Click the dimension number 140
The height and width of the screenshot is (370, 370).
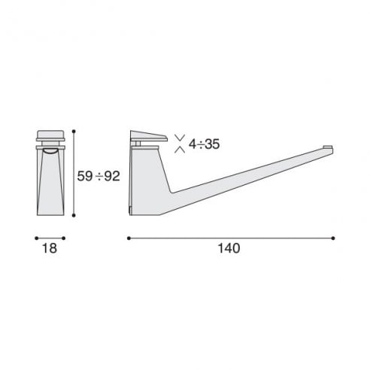click(x=231, y=250)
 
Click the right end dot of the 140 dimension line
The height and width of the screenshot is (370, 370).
click(x=334, y=238)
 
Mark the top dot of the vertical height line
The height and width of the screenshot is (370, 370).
click(x=74, y=132)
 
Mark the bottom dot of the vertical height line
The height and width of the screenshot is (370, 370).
click(x=74, y=216)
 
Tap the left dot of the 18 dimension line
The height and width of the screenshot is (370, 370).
click(x=36, y=238)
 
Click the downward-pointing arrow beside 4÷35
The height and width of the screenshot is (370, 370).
click(x=180, y=136)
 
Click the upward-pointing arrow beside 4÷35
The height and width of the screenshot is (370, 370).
click(x=180, y=149)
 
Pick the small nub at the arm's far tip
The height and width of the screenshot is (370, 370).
click(x=326, y=146)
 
